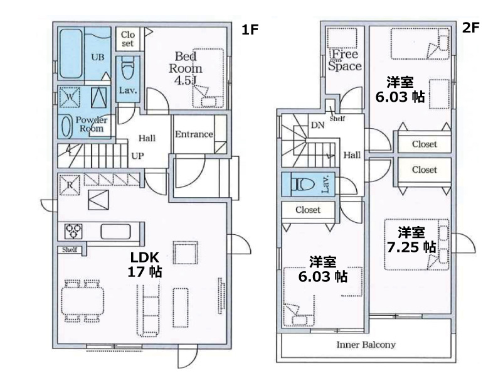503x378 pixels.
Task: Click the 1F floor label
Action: [x=250, y=30]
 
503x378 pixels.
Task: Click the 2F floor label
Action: [x=470, y=28]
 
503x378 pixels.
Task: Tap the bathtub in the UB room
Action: [x=71, y=53]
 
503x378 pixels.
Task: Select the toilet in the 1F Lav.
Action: [x=128, y=68]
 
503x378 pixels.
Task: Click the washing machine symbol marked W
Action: [x=70, y=97]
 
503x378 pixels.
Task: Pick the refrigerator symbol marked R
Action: [x=70, y=185]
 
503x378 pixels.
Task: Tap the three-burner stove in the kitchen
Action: [x=73, y=231]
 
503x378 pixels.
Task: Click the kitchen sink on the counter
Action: [x=115, y=232]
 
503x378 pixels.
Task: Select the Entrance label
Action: [x=194, y=134]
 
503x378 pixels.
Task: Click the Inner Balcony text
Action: [x=366, y=345]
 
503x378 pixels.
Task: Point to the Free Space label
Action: [x=344, y=60]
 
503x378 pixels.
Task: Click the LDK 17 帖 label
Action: [x=145, y=264]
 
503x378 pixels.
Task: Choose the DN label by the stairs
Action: [x=317, y=125]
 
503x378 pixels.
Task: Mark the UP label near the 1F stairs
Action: [x=137, y=156]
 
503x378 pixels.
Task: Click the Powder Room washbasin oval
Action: [x=66, y=126]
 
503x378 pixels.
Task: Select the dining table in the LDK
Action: [x=82, y=301]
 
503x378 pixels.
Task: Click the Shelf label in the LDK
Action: [x=70, y=249]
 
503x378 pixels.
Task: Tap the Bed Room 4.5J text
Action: [x=186, y=68]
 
